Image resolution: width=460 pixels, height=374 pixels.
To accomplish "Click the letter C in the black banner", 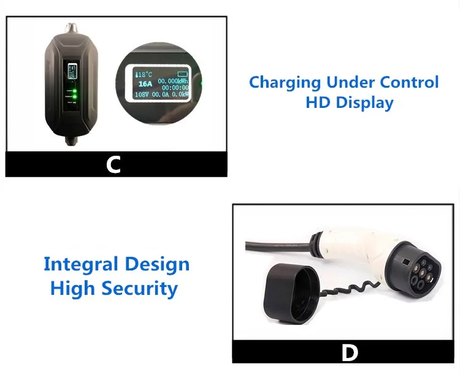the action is click(x=113, y=164).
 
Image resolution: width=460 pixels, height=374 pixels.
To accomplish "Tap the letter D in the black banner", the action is click(x=349, y=353).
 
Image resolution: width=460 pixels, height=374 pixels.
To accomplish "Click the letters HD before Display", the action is click(x=317, y=102).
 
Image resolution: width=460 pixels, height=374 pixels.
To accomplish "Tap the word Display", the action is click(x=364, y=103).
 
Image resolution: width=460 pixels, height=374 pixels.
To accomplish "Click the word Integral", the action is click(x=80, y=265).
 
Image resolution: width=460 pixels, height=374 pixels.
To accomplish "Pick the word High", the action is click(x=72, y=288).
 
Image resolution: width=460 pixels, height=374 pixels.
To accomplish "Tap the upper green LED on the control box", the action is click(x=75, y=92).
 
